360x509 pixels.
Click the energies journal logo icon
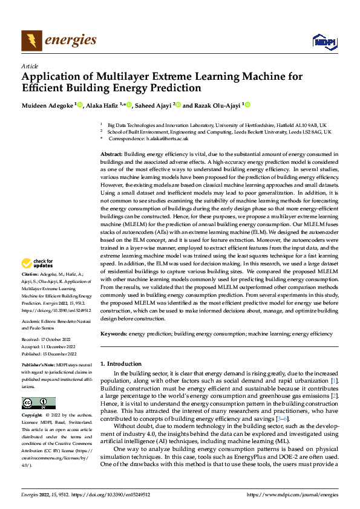[x=31, y=41]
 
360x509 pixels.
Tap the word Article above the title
[x=30, y=66]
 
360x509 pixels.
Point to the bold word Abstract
[x=111, y=155]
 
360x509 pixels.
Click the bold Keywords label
[x=114, y=333]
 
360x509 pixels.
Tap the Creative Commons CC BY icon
[x=38, y=403]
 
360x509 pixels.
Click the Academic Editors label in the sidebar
[x=39, y=320]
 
